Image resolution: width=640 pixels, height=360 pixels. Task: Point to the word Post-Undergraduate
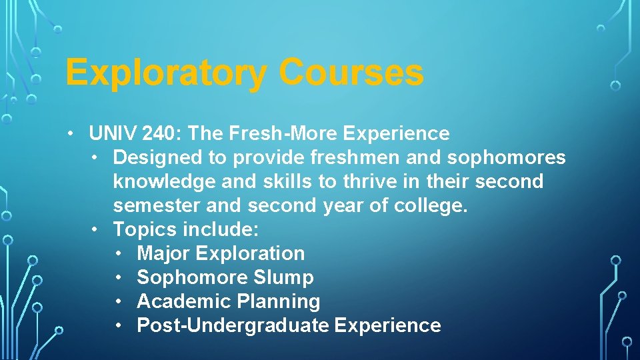(233, 325)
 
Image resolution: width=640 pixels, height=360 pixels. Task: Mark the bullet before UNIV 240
(71, 133)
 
